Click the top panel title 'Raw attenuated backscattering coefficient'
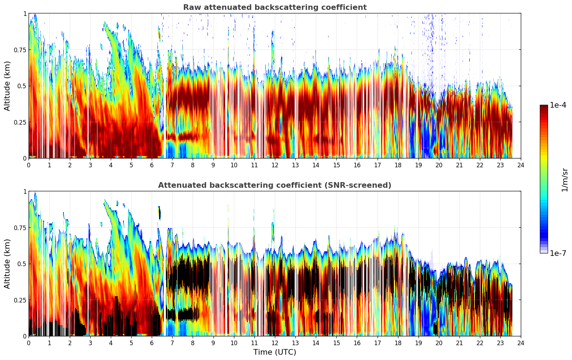[275, 7]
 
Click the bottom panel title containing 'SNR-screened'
[275, 185]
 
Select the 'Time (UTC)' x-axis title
[275, 352]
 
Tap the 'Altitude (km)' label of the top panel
[7, 86]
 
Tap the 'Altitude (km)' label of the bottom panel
[7, 264]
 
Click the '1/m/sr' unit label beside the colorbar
[564, 180]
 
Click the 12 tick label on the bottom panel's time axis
[275, 343]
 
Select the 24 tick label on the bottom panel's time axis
[521, 343]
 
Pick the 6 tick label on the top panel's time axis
[152, 165]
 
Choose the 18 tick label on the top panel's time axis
[398, 165]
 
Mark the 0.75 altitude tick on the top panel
[20, 50]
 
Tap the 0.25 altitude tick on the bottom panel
[20, 300]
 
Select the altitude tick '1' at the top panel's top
[25, 13]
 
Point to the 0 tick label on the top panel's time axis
[29, 165]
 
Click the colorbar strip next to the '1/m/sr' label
[544, 179]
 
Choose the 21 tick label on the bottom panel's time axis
[459, 343]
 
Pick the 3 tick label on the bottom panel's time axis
[90, 343]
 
